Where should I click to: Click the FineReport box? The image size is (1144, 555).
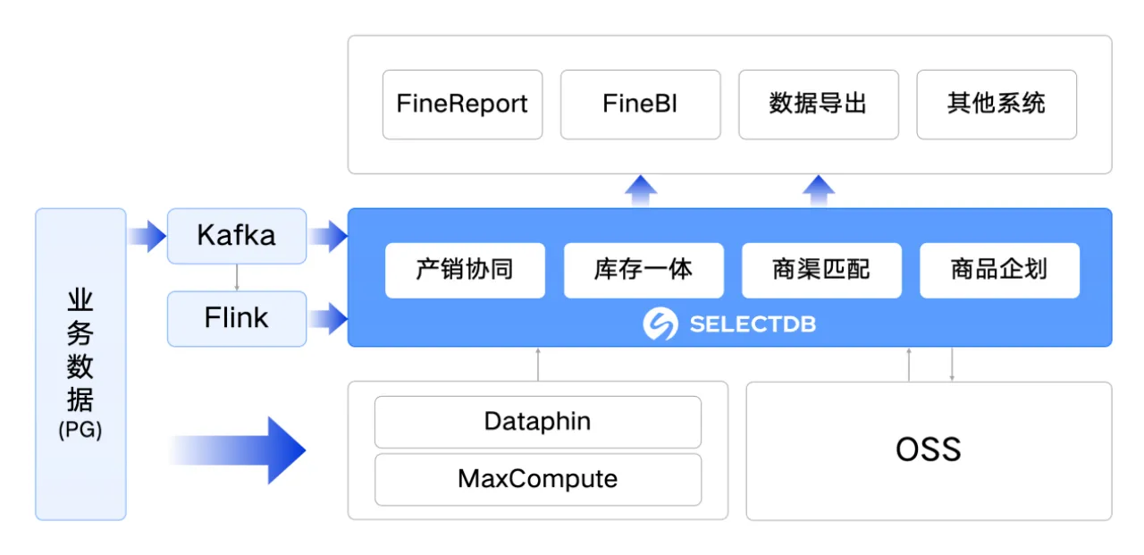point(462,105)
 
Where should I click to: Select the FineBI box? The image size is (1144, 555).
point(640,105)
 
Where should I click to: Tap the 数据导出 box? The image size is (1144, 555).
point(818,105)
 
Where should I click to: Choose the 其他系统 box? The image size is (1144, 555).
point(997,105)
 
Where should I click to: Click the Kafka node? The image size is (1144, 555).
point(237,236)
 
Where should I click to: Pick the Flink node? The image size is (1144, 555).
point(237,318)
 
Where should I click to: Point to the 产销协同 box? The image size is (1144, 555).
point(465,270)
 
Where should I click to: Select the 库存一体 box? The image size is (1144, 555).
point(643,270)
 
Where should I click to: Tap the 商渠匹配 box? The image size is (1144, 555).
point(821,270)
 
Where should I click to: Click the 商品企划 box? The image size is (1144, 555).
point(999,270)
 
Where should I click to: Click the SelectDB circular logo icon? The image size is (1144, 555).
point(660,324)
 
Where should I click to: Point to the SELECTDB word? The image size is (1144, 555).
point(753,324)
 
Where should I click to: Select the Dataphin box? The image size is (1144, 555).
point(538,422)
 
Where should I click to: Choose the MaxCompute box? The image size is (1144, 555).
point(538,479)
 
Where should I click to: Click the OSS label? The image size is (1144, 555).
point(929,450)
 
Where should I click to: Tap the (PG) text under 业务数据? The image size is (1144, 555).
point(80,430)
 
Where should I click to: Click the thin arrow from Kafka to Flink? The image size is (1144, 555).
point(237,277)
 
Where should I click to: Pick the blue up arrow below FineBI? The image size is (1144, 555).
point(641,190)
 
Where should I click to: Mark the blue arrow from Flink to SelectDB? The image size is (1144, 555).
point(328,318)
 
